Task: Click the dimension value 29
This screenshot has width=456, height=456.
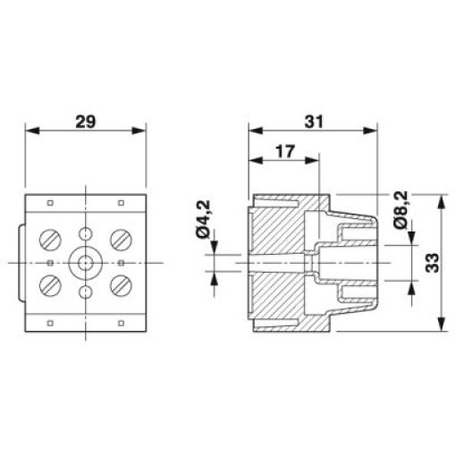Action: click(x=86, y=122)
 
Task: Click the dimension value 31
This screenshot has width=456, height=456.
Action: click(x=313, y=122)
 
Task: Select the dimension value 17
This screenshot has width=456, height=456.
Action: click(x=285, y=152)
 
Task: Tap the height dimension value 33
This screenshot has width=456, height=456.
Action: click(x=432, y=263)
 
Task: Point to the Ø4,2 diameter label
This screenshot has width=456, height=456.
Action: click(x=203, y=219)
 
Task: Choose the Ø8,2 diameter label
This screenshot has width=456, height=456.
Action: click(x=400, y=210)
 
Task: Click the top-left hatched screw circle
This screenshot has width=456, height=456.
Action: click(x=50, y=240)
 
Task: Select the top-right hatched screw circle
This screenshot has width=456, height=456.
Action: click(x=121, y=240)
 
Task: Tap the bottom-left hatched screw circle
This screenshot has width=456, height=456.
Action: click(x=50, y=285)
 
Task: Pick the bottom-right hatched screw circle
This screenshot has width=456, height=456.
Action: click(x=121, y=285)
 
